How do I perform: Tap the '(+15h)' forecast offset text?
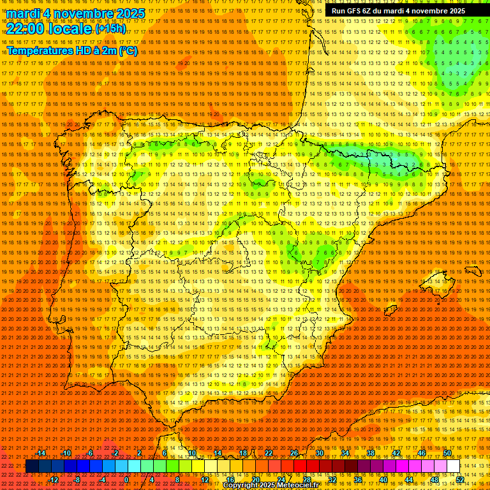(x=110, y=29)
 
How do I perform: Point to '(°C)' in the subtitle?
(x=128, y=50)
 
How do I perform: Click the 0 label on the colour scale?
(x=126, y=480)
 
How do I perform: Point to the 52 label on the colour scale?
(x=460, y=480)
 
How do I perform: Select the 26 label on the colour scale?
(x=294, y=453)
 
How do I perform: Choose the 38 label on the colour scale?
(x=370, y=453)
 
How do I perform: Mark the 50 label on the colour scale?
(x=447, y=453)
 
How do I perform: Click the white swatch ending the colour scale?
(x=454, y=466)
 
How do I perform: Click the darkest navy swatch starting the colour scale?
(x=32, y=466)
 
